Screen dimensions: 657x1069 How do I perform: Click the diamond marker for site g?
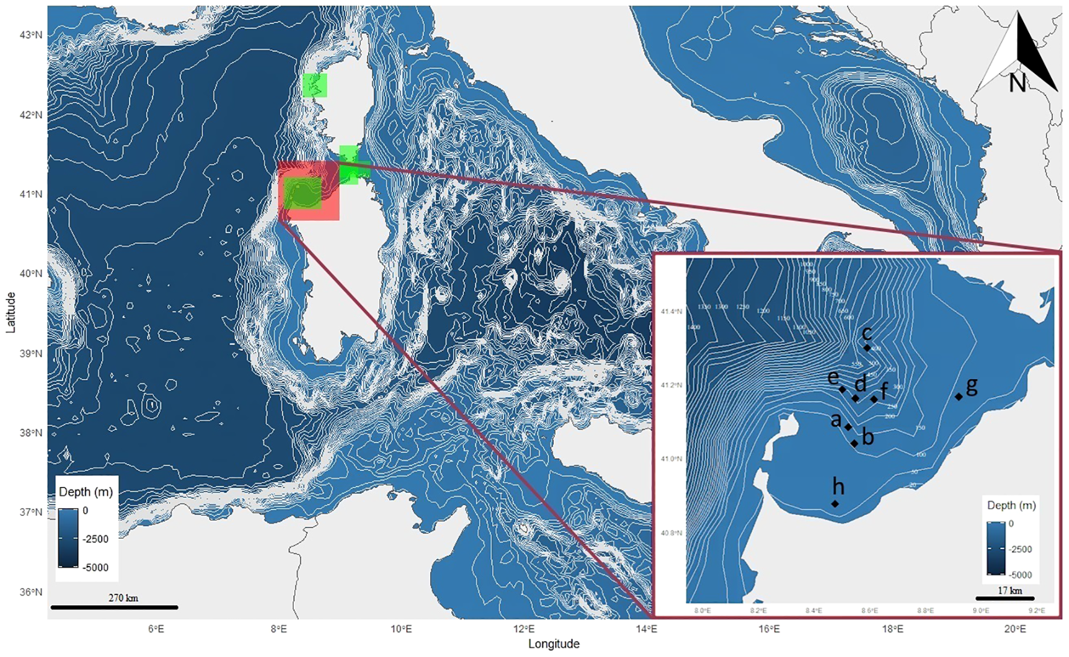tap(959, 397)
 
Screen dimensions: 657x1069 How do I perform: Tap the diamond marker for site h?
tap(836, 503)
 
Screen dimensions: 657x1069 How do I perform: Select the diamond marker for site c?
tap(867, 348)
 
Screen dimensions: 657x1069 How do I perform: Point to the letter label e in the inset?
tap(833, 377)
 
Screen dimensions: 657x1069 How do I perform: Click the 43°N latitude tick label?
tap(31, 35)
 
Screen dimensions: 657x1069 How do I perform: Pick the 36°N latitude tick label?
tap(31, 592)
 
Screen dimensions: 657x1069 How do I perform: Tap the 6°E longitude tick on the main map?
tap(156, 629)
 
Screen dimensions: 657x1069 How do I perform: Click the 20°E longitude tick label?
tap(1015, 629)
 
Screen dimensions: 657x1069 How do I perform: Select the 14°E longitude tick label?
tap(647, 629)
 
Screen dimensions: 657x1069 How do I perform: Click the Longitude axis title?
tap(554, 644)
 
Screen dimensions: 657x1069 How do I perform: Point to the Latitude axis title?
tap(11, 312)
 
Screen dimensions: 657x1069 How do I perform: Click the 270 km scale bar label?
tap(123, 598)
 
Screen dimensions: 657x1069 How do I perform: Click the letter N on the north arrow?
tap(1017, 83)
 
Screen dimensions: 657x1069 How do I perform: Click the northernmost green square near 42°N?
tap(315, 86)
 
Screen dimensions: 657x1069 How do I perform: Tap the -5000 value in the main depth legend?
tap(95, 567)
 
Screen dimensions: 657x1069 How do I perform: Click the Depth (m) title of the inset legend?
tap(1011, 505)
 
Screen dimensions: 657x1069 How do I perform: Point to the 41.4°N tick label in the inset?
tap(671, 312)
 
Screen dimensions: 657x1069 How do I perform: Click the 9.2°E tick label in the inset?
tap(1036, 611)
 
